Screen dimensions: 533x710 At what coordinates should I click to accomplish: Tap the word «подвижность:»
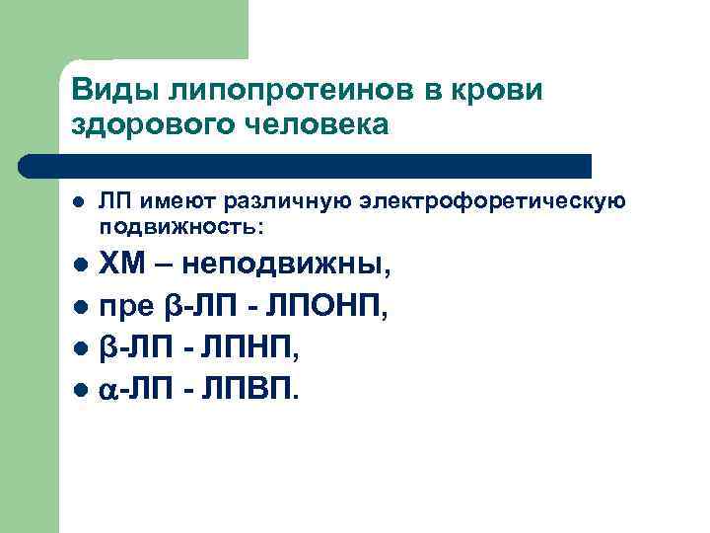pyautogui.click(x=181, y=226)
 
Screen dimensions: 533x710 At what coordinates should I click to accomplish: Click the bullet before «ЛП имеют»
pyautogui.click(x=79, y=203)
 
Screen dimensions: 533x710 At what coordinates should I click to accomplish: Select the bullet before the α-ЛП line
pyautogui.click(x=79, y=391)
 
